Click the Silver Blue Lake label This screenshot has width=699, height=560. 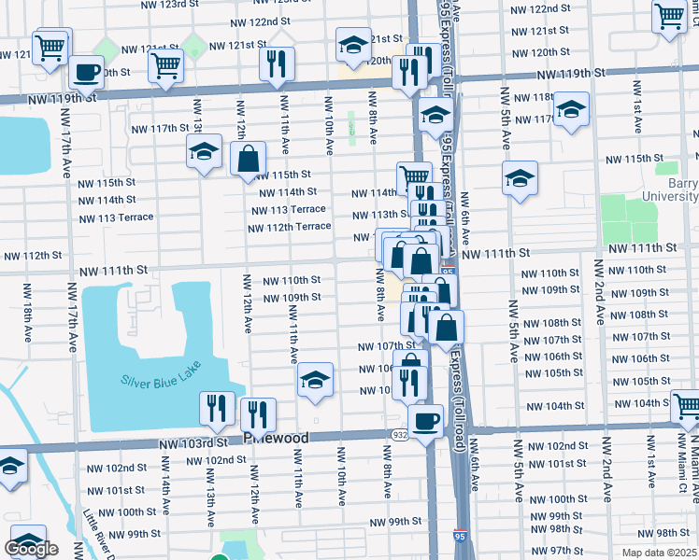coord(161,381)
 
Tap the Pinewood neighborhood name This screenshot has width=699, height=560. coord(276,437)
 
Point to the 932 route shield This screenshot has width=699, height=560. coord(397,435)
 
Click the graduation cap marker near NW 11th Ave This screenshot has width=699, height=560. coord(316,379)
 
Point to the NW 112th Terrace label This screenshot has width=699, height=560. coord(290,226)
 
